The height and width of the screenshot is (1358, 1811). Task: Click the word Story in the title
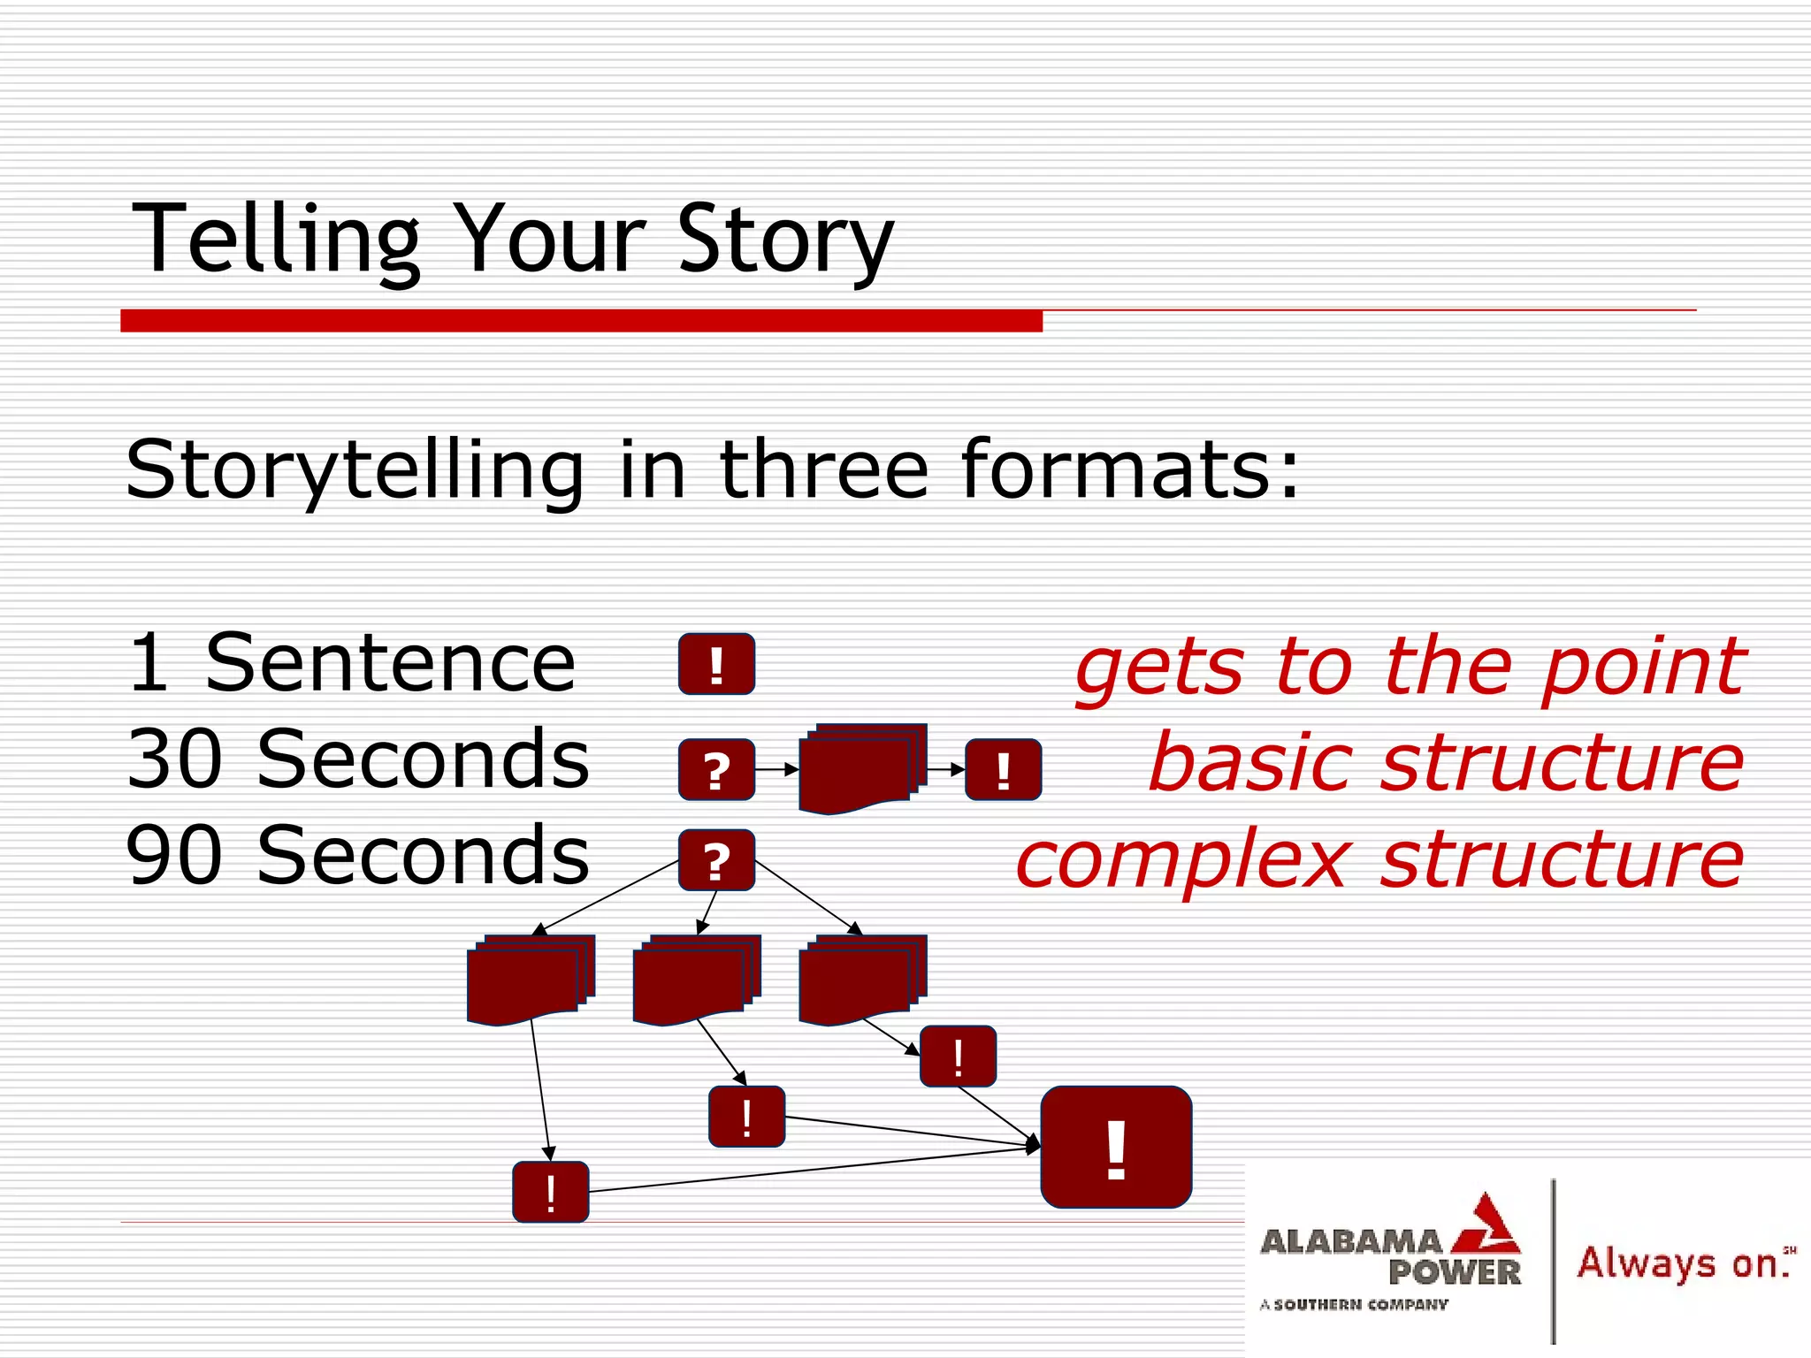point(785,239)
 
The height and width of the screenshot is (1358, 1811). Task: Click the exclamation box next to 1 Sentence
point(716,664)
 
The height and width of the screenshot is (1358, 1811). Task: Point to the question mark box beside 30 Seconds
point(716,770)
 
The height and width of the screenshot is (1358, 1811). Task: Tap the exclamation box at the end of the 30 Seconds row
point(1003,770)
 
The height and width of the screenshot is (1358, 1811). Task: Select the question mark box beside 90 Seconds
point(716,860)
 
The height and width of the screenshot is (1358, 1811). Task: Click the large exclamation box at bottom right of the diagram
point(1116,1148)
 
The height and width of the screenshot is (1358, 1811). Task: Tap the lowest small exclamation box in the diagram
point(550,1192)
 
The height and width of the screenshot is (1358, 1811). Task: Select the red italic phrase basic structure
point(1446,762)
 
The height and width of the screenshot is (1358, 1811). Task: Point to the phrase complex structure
point(1379,858)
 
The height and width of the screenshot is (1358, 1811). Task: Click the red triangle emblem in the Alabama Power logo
point(1488,1227)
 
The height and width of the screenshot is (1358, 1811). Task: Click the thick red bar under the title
point(581,321)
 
